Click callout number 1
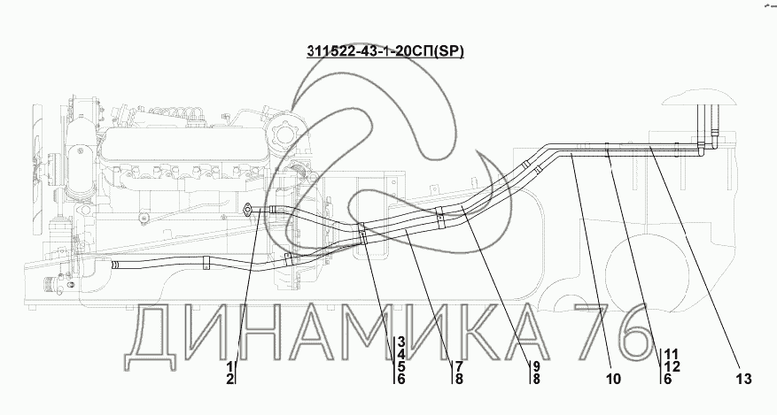coord(230,367)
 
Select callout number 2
coord(230,380)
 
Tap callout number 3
coord(401,342)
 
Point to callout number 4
coord(401,354)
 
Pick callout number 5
coord(401,367)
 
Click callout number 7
coord(459,367)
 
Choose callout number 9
coord(536,367)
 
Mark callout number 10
coord(613,380)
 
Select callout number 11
coord(672,354)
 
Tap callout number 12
coord(672,367)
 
